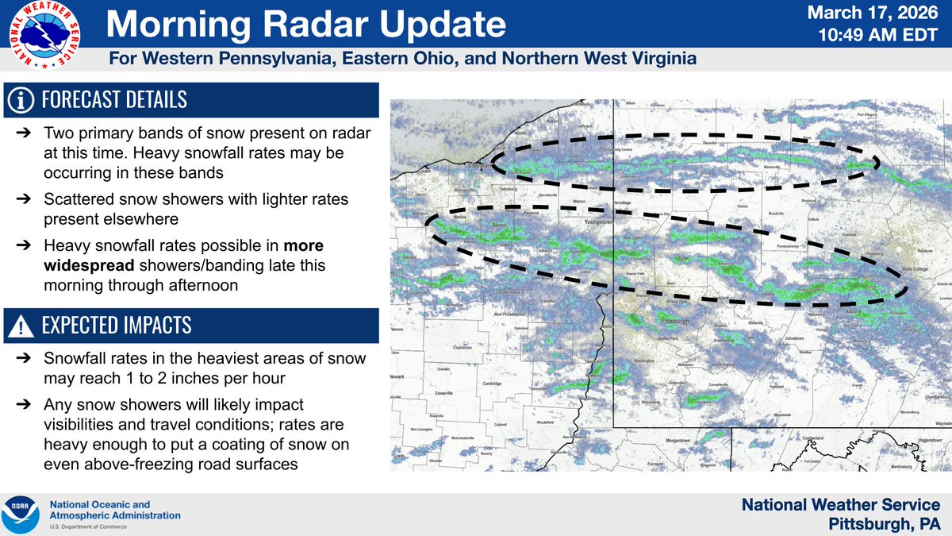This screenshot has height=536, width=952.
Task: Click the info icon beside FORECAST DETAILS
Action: click(21, 99)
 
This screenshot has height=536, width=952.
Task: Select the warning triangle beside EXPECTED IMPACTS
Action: click(21, 326)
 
